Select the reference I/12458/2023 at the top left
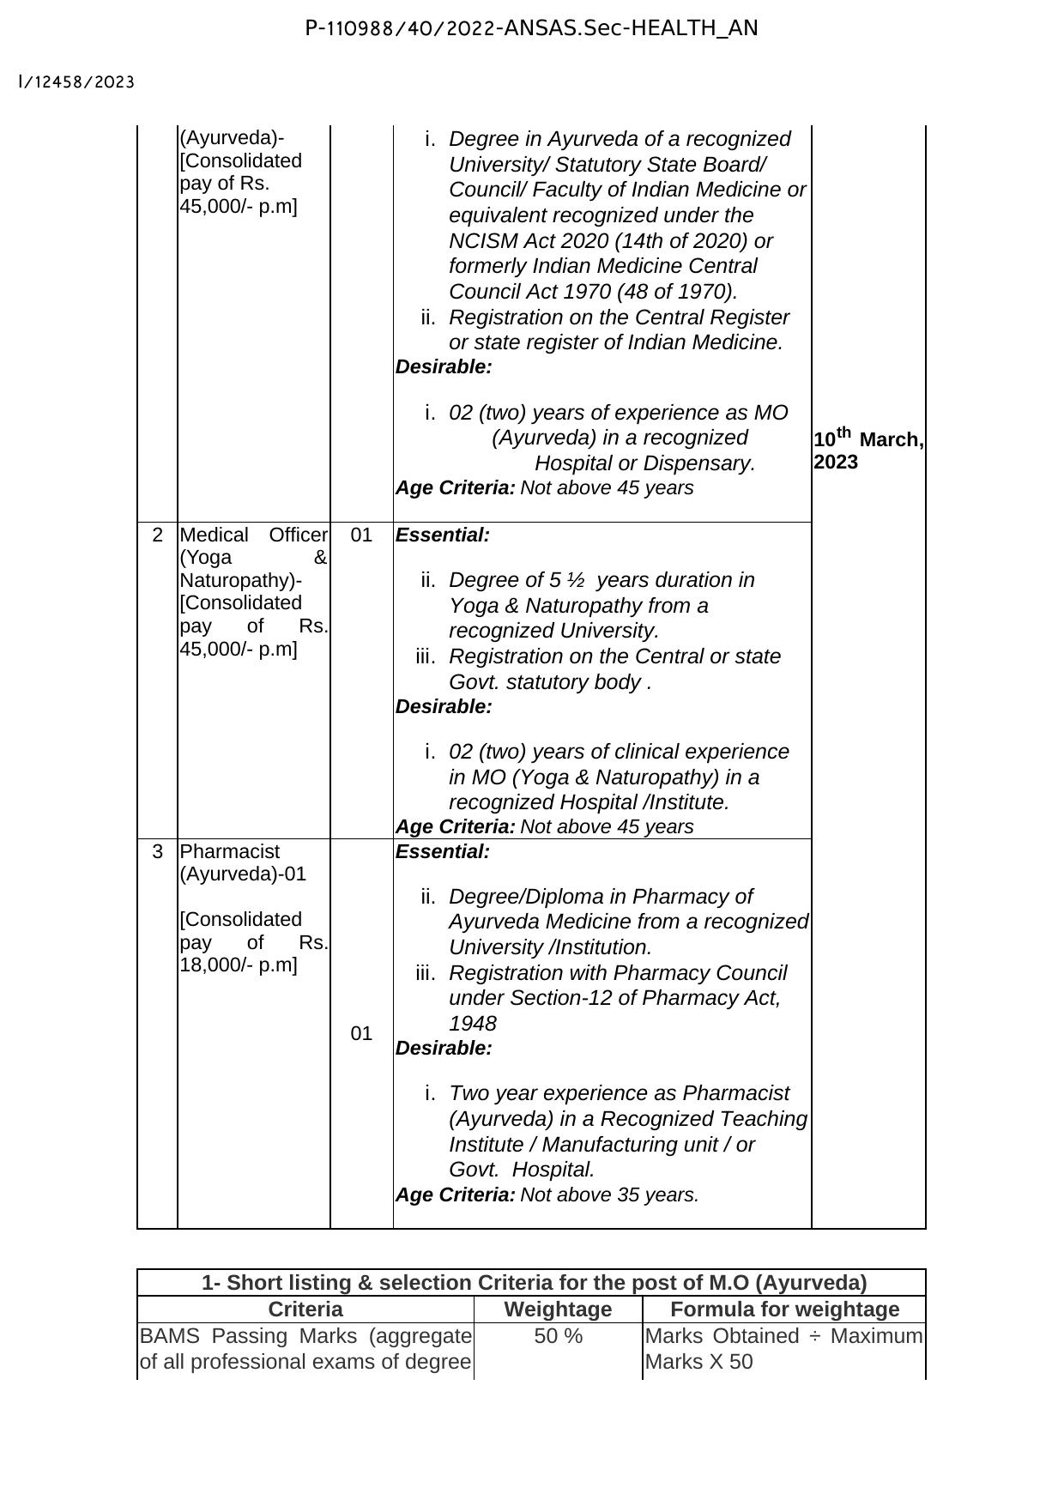(76, 82)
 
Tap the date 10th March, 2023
(868, 451)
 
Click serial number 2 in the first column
(157, 535)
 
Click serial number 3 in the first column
(157, 852)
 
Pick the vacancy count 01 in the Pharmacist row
(361, 1034)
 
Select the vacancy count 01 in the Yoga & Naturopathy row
(361, 535)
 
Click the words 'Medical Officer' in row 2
(253, 535)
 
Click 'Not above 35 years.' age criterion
(609, 1195)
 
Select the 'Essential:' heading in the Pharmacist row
(443, 852)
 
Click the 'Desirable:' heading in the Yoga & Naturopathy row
(444, 707)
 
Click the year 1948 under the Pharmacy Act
(472, 1024)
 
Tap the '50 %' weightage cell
(558, 1337)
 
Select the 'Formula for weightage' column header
(784, 1309)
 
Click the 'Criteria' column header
(305, 1309)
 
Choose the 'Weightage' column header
(558, 1309)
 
